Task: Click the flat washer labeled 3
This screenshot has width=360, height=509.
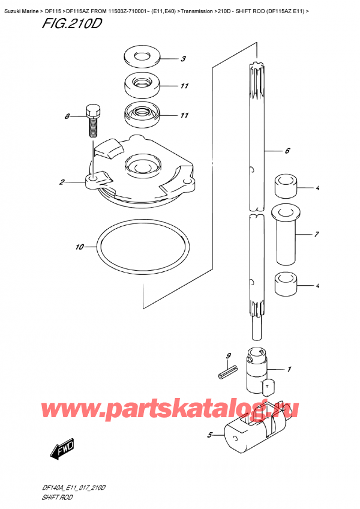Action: (142, 58)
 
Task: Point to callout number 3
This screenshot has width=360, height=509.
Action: (184, 59)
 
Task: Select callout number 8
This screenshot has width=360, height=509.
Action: (67, 117)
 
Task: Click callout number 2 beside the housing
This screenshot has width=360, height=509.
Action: (62, 182)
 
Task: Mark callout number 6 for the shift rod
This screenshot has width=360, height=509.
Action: (287, 151)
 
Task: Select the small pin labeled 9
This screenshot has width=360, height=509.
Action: (225, 375)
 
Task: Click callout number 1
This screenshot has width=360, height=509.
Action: (289, 369)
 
